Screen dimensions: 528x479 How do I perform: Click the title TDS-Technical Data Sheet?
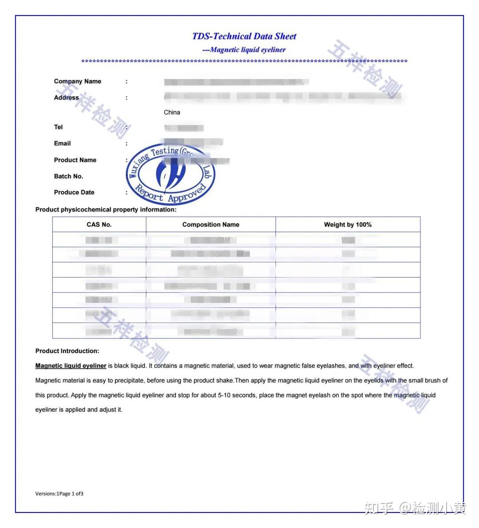(244, 36)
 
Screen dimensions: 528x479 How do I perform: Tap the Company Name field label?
(78, 81)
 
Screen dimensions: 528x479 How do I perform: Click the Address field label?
(67, 98)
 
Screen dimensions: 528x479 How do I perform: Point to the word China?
(172, 112)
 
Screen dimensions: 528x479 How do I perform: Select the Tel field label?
(59, 127)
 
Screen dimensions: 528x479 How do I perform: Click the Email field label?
(63, 143)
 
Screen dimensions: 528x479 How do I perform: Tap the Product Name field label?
(75, 160)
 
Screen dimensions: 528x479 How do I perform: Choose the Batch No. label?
(69, 176)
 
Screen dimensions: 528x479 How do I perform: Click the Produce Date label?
(74, 192)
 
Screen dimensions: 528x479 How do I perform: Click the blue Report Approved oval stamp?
(171, 174)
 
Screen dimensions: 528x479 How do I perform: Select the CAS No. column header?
(99, 225)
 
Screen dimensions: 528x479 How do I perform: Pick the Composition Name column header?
(211, 225)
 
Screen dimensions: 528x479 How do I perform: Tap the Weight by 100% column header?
(348, 225)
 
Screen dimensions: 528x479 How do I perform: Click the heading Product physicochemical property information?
(106, 210)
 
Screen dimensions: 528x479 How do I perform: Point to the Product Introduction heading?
(67, 351)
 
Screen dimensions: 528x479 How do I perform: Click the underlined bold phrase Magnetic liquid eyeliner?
(71, 366)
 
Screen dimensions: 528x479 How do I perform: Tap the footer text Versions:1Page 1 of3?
(59, 493)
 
